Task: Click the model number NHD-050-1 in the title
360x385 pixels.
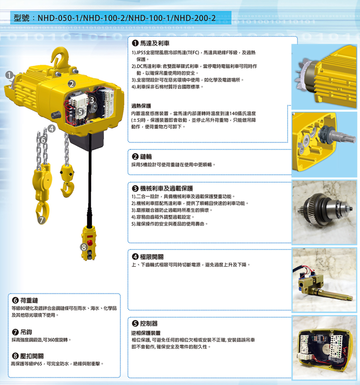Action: pos(59,18)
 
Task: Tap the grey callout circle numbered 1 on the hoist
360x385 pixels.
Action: pos(9,75)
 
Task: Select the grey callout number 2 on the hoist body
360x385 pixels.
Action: pos(72,84)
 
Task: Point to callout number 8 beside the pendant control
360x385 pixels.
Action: pos(84,247)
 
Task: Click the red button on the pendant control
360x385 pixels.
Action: pos(90,243)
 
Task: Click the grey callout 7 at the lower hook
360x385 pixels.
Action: pos(42,220)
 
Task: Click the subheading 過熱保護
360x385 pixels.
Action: pos(141,106)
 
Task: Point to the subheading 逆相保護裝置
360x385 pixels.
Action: pos(146,333)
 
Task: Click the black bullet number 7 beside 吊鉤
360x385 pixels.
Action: pos(15,332)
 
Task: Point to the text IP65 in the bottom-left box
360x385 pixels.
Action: pos(38,364)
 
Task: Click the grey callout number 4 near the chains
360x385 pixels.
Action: pos(51,129)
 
